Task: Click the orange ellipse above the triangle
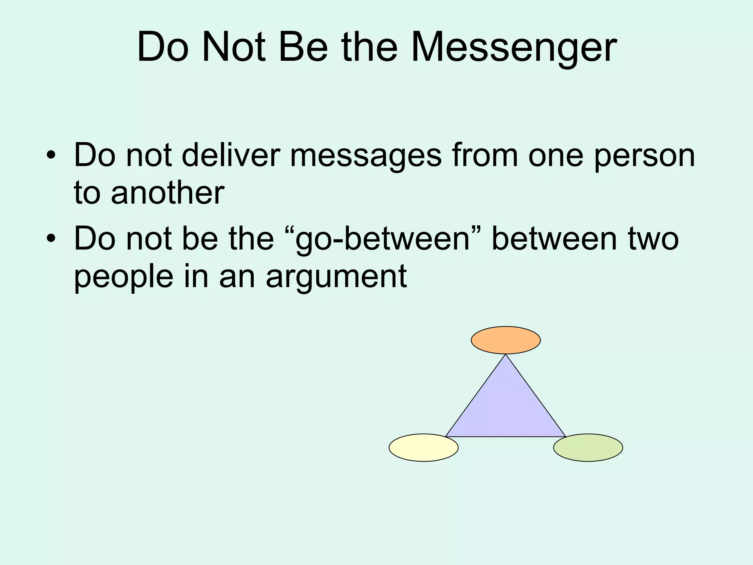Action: [x=506, y=340]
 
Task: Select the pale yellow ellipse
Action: [x=424, y=448]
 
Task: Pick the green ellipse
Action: [x=588, y=448]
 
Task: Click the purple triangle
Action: [x=506, y=408]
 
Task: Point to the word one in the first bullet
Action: [x=556, y=156]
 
